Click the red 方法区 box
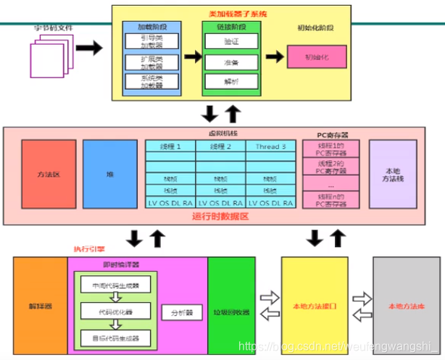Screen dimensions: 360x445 [x=49, y=174]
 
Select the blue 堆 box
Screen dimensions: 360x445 [x=109, y=174]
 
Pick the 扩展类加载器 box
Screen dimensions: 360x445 [x=151, y=62]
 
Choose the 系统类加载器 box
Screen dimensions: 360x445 [x=151, y=81]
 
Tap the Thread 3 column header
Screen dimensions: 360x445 [x=271, y=146]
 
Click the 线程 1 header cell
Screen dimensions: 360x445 [x=170, y=146]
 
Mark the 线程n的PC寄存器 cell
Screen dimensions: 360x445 [x=330, y=201]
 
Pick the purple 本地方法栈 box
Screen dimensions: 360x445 [x=392, y=174]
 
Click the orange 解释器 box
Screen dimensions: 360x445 [x=40, y=306]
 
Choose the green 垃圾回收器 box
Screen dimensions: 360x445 [x=230, y=306]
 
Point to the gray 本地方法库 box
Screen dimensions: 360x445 [x=405, y=306]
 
